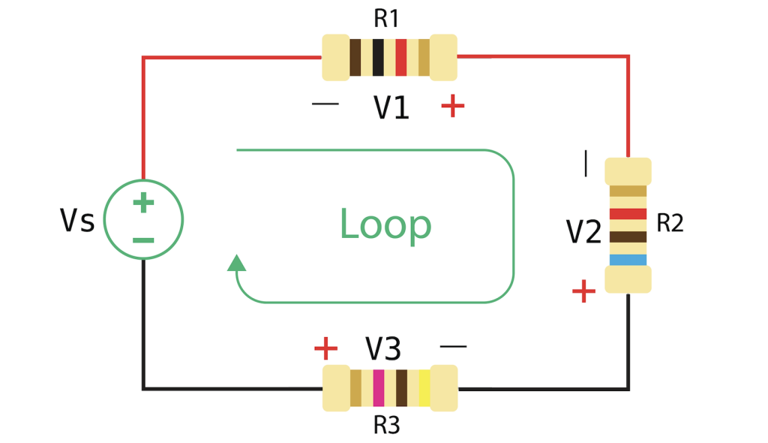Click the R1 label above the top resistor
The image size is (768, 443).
click(386, 18)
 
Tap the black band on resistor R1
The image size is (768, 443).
click(378, 58)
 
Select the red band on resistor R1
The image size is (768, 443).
click(401, 58)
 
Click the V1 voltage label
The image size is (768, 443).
click(391, 108)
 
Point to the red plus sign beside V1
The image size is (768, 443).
click(452, 106)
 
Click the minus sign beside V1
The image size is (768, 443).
click(325, 104)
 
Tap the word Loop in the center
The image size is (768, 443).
click(385, 225)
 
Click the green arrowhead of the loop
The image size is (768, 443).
click(236, 263)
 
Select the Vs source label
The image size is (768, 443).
click(77, 221)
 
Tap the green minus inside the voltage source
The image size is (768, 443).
click(143, 240)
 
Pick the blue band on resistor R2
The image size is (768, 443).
click(628, 260)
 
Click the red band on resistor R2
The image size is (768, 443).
click(628, 214)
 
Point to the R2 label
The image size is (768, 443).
click(670, 223)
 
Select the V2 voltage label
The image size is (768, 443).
click(584, 233)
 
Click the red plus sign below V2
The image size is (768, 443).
click(583, 291)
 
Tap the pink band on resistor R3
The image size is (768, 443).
click(378, 388)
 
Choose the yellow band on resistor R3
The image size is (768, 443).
click(424, 388)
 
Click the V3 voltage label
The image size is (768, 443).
click(383, 349)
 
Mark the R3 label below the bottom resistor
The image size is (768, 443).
click(386, 426)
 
